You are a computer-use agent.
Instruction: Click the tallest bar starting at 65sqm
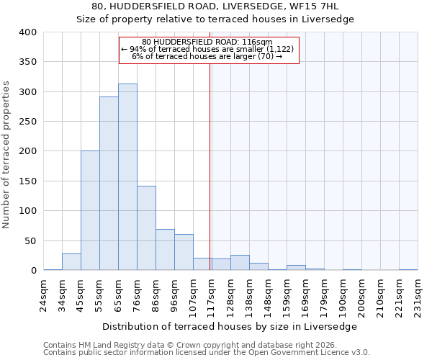click(x=127, y=177)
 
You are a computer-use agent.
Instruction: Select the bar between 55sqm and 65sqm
click(x=109, y=184)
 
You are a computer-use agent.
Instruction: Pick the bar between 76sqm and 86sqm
click(x=146, y=228)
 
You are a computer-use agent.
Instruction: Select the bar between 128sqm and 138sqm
click(x=240, y=263)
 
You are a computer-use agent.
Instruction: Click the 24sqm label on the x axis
click(x=43, y=291)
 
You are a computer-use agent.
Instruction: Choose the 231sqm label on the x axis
click(x=418, y=291)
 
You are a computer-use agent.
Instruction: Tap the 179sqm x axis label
click(x=324, y=291)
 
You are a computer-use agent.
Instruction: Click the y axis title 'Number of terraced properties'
click(x=7, y=155)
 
